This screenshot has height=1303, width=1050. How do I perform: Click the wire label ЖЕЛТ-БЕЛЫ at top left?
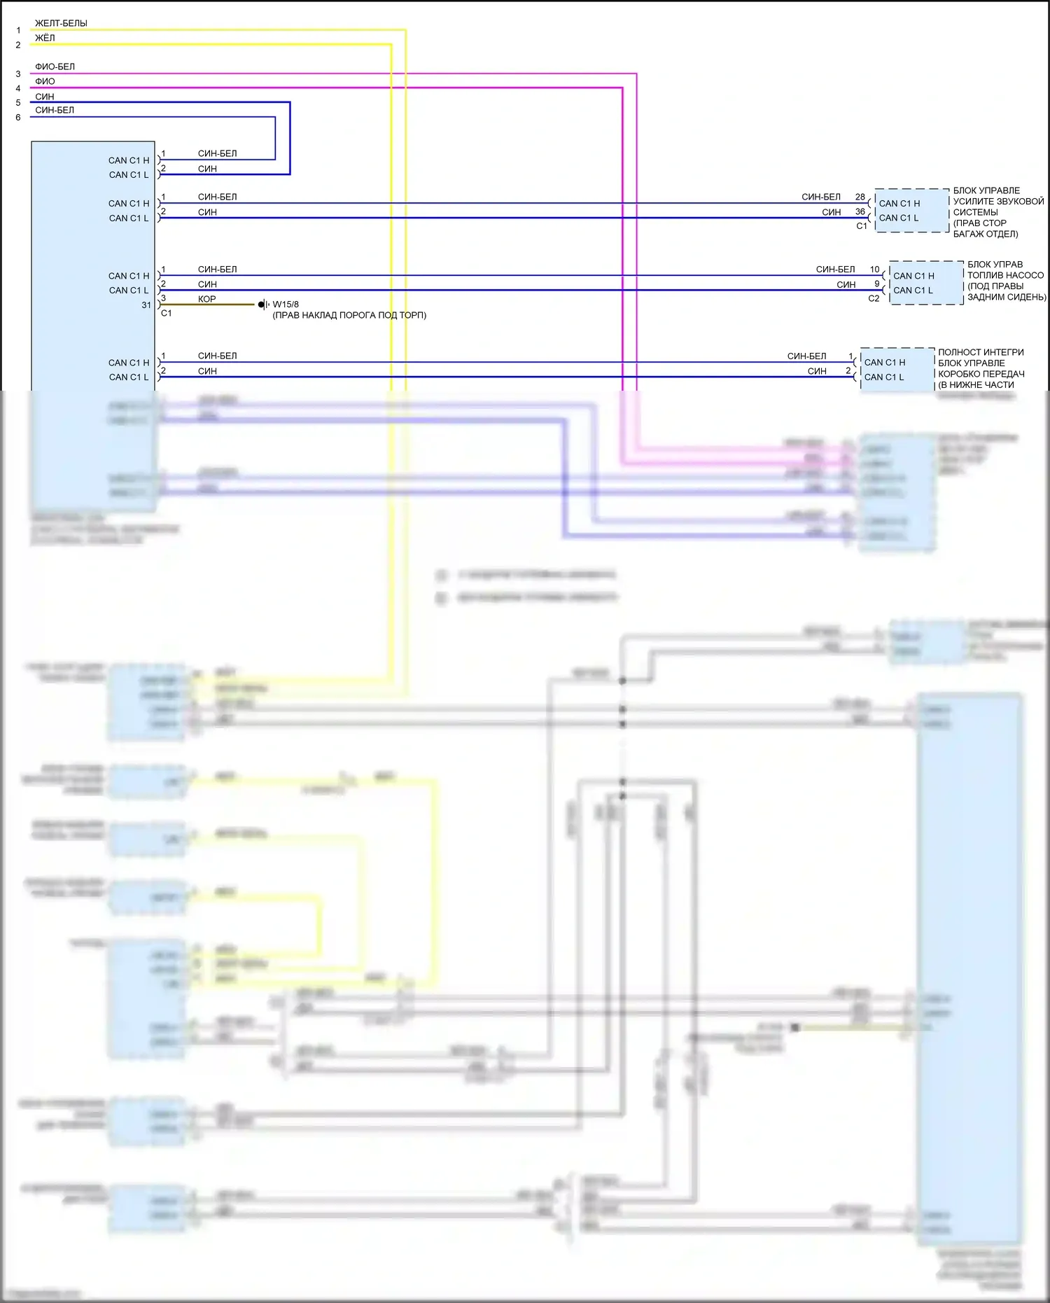click(61, 23)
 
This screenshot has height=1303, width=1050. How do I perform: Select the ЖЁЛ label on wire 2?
click(45, 38)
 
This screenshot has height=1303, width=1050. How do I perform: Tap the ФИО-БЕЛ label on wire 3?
click(55, 67)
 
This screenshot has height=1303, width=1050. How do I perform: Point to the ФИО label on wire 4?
click(45, 81)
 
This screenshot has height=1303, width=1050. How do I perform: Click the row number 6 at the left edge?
click(18, 118)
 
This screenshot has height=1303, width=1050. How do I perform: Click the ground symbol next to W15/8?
click(263, 305)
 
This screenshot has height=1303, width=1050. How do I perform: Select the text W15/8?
click(286, 305)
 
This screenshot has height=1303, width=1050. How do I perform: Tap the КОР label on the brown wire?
click(206, 299)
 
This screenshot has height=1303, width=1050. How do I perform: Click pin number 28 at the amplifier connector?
click(860, 197)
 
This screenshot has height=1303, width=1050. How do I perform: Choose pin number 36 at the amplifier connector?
click(860, 211)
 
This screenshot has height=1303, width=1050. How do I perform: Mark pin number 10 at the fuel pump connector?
click(875, 269)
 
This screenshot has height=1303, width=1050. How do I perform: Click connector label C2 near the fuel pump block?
click(874, 298)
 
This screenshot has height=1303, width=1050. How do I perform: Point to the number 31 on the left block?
click(146, 305)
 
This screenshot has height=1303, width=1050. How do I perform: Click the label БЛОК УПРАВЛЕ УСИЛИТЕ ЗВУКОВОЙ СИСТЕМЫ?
click(997, 211)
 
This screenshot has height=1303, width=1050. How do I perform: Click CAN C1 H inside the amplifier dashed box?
click(899, 203)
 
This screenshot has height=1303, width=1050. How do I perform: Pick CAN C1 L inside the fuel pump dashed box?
click(913, 291)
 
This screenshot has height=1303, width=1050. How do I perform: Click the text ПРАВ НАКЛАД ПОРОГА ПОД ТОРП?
click(349, 315)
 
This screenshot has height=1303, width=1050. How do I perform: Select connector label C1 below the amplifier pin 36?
click(862, 226)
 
